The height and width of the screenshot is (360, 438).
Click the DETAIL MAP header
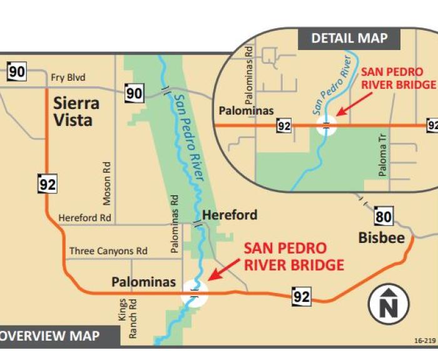pos(349,38)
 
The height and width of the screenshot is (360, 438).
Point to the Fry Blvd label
pos(69,78)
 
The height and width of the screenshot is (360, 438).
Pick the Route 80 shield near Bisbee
pos(384,217)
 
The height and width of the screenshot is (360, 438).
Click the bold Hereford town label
pos(230,215)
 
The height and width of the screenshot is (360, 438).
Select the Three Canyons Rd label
pos(108,251)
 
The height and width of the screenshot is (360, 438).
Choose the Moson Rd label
pos(108,182)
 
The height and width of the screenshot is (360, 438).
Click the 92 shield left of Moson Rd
pos(47,184)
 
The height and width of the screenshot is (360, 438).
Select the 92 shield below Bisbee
pos(302,296)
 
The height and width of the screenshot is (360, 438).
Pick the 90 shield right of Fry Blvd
pos(134,94)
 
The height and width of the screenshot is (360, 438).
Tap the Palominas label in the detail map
pos(247,111)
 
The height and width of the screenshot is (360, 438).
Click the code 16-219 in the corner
pos(424,341)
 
